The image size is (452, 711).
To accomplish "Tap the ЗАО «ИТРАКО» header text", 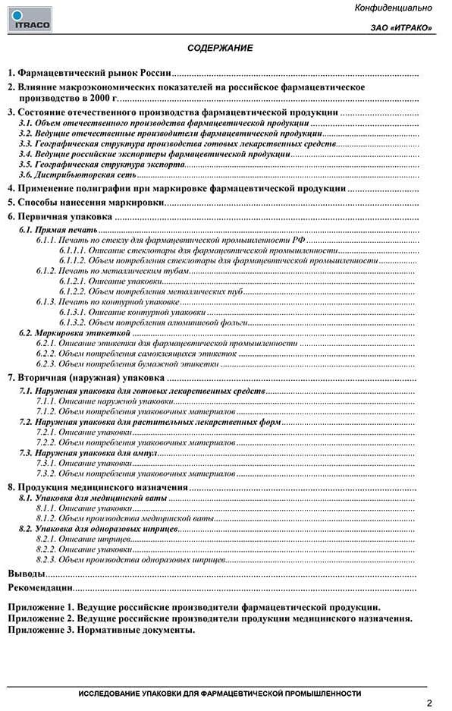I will pos(402,29).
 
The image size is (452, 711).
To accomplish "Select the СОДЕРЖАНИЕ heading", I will pos(220,48).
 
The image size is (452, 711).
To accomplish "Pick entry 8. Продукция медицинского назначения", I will pos(98,486).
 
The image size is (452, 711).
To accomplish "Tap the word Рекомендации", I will pos(40,587).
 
